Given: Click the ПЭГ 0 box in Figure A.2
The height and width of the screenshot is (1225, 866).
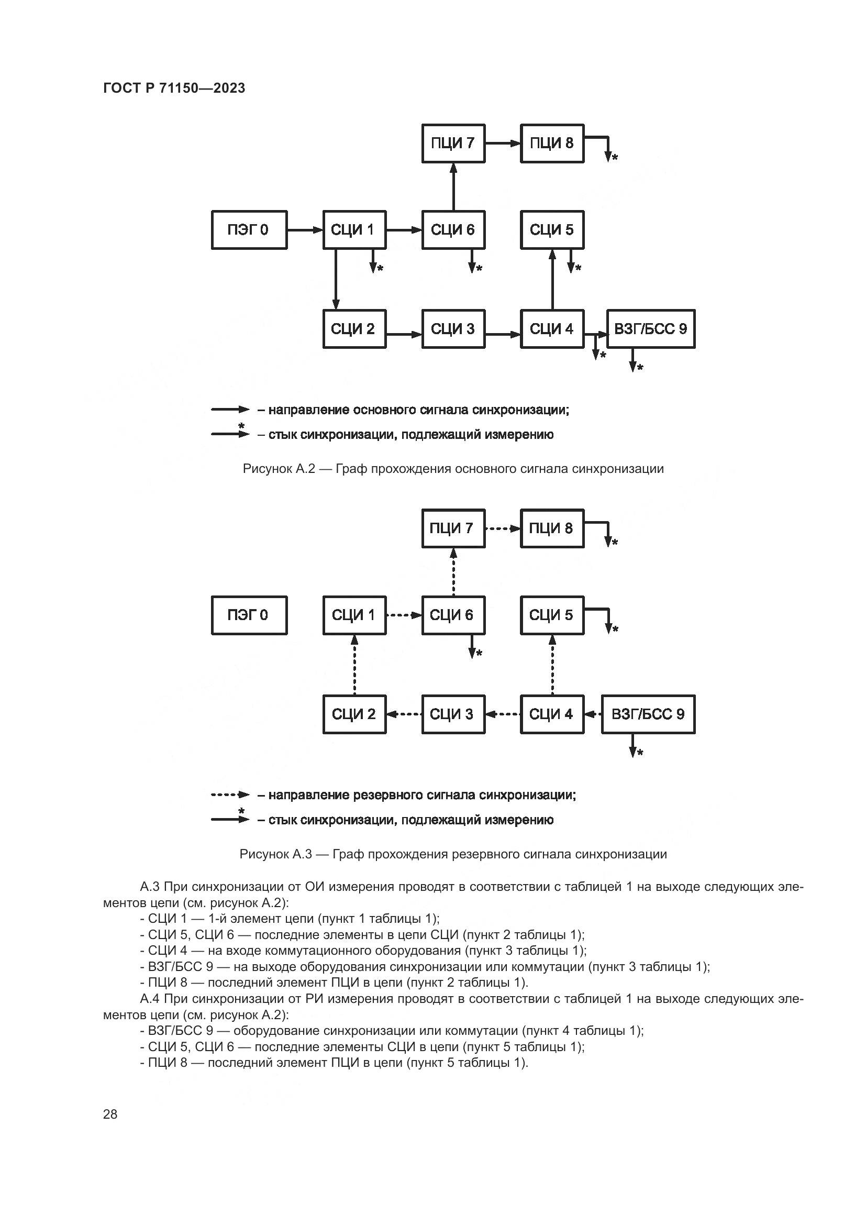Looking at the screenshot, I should [x=249, y=230].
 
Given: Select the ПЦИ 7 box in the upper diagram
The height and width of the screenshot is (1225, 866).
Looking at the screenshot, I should [x=453, y=143].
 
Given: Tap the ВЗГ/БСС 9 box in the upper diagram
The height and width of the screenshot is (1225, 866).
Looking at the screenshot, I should [x=651, y=329].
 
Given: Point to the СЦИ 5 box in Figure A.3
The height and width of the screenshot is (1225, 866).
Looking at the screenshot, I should [x=552, y=615].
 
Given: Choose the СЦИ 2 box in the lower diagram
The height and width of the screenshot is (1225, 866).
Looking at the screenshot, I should [x=354, y=714].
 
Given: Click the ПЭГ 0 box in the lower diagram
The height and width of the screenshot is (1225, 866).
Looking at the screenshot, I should [x=249, y=615].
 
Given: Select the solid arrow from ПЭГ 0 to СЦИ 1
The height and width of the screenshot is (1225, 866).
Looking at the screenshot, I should [x=305, y=230].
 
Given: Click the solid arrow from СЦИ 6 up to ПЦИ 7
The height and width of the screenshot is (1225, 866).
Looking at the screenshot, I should [x=453, y=187].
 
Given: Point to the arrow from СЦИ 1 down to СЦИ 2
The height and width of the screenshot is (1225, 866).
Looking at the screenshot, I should [x=336, y=279].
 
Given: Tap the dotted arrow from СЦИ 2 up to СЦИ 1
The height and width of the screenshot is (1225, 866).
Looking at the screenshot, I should [x=354, y=665].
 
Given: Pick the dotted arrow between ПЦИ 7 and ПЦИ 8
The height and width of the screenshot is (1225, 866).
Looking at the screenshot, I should [x=503, y=529].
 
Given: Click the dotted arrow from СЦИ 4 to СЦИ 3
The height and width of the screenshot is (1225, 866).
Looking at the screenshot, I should [x=503, y=714].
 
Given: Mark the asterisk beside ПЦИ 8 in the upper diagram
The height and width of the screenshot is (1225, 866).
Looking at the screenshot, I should [x=615, y=158].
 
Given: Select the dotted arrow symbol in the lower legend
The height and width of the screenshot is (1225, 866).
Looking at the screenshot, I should [x=230, y=795].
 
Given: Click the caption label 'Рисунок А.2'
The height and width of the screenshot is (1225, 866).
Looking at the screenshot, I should [x=279, y=469].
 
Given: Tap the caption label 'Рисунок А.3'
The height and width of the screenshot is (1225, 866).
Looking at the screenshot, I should [x=275, y=854].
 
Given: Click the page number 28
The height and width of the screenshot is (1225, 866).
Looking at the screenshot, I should [x=110, y=1114].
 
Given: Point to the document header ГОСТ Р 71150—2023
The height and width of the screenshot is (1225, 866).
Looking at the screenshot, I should [x=174, y=88].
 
